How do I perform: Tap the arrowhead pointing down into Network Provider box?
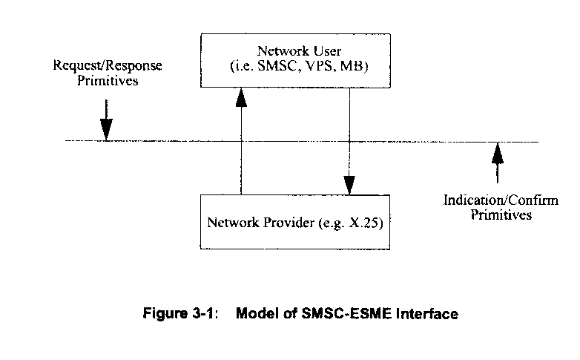pyautogui.click(x=349, y=185)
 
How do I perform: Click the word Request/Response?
pyautogui.click(x=108, y=66)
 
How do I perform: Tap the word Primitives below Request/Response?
pyautogui.click(x=108, y=80)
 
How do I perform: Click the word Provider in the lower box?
pyautogui.click(x=283, y=222)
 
